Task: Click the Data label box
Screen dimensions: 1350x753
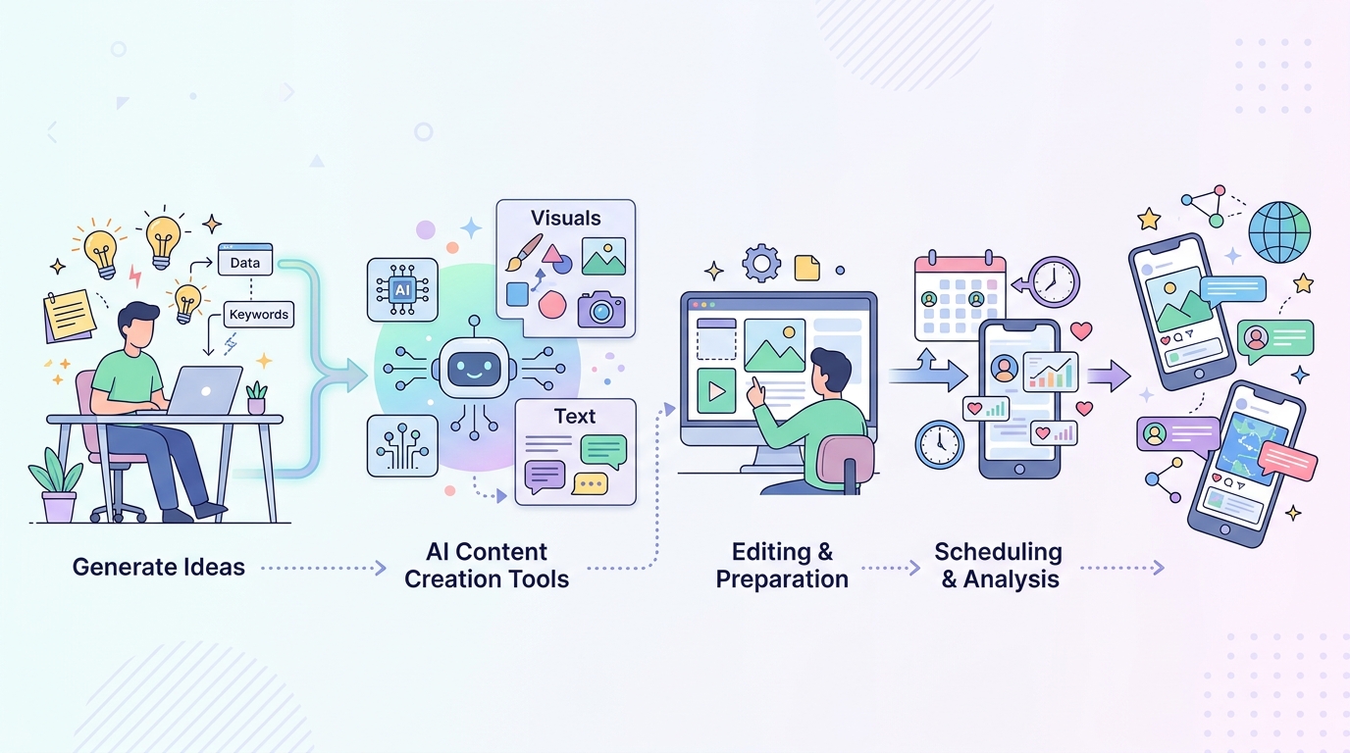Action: (245, 260)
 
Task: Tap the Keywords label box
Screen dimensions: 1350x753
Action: (259, 315)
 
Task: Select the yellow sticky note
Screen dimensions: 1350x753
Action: (69, 316)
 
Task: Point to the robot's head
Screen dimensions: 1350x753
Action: (474, 367)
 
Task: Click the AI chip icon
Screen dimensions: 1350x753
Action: (402, 290)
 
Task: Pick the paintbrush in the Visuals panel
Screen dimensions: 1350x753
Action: (523, 252)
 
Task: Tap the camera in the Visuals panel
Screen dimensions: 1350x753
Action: (601, 309)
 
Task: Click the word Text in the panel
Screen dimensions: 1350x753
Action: (575, 417)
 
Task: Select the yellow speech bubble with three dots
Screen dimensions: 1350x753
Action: (590, 483)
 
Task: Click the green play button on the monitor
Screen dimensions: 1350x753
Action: (716, 391)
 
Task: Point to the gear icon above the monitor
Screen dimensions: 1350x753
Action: (761, 263)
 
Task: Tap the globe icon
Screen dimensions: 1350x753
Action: (1279, 232)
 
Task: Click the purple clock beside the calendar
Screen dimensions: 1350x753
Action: (1054, 282)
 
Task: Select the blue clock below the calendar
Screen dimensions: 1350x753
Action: (939, 444)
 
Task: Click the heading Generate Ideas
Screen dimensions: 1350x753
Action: (159, 567)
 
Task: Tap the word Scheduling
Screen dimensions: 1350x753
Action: (998, 552)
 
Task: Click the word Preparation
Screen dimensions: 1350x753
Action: (782, 578)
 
